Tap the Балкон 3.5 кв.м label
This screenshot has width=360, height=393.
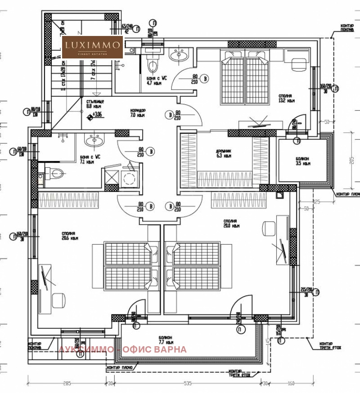(x=303, y=161)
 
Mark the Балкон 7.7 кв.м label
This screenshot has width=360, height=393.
(x=166, y=339)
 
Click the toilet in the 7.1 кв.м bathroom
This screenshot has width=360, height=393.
(x=55, y=173)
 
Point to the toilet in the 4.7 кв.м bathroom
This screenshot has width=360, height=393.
(x=153, y=65)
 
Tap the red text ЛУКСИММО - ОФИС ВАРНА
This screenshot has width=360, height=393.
(x=122, y=349)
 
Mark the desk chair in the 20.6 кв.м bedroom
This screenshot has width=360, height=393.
(x=58, y=299)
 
